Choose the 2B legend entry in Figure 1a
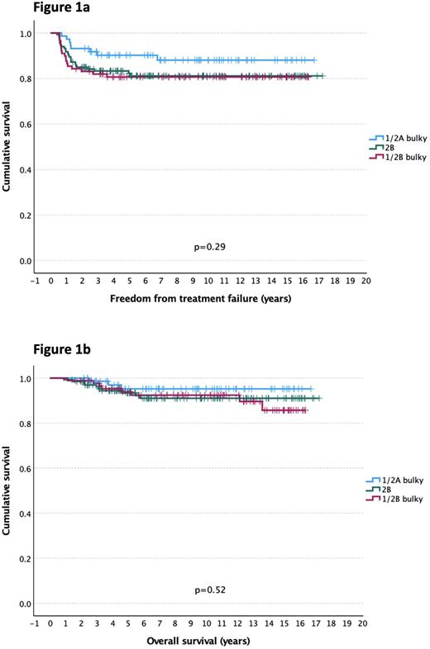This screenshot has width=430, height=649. pyautogui.click(x=388, y=148)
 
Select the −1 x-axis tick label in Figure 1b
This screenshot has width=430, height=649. pyautogui.click(x=35, y=624)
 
